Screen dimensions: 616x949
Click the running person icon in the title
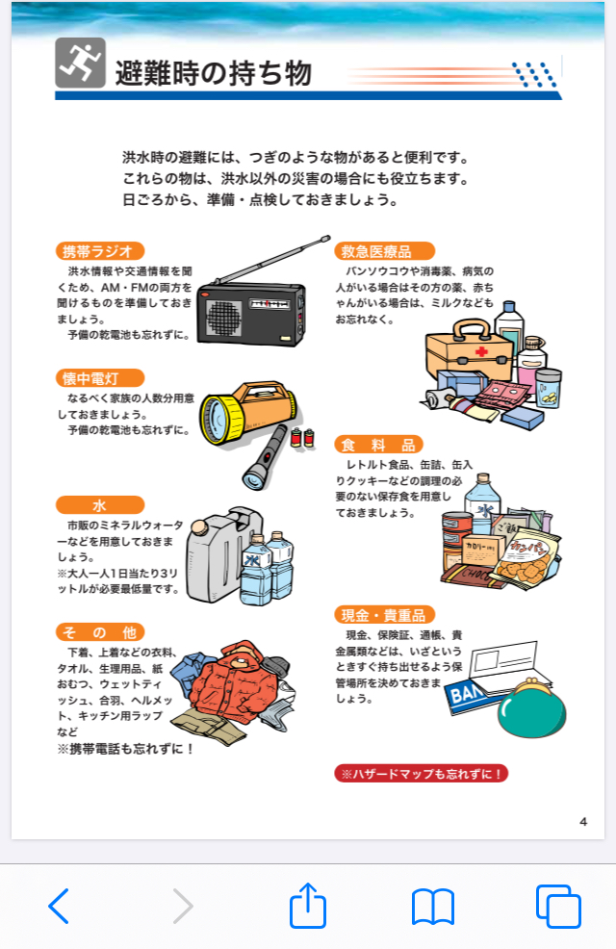81,63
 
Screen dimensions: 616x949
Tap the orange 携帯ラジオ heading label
100,251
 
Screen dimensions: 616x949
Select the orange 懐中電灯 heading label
100,378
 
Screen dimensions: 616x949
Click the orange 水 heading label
100,504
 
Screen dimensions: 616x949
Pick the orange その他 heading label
100,631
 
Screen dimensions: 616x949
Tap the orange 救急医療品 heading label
384,251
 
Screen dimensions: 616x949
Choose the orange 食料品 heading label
378,445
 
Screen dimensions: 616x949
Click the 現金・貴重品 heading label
384,615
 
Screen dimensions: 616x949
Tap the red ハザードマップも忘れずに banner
422,774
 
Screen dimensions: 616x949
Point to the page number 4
583,821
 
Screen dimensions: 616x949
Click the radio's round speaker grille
224,318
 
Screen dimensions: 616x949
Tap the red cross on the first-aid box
481,351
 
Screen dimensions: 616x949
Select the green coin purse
532,709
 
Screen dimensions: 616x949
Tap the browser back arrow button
59,906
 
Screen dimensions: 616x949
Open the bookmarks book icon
433,907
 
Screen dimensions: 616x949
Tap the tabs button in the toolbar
558,906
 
